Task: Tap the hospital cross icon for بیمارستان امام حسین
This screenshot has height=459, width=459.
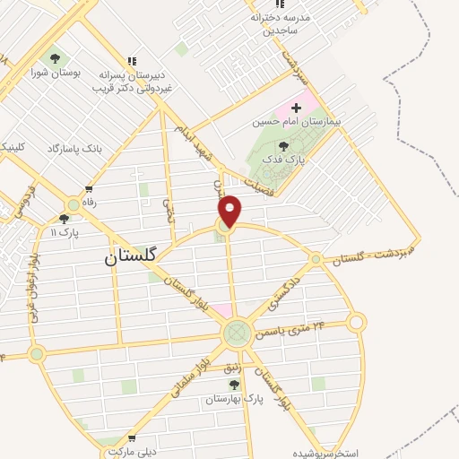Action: click(x=297, y=108)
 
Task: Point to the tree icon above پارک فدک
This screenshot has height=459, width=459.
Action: click(x=284, y=145)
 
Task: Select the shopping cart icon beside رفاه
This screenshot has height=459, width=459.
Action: click(x=89, y=188)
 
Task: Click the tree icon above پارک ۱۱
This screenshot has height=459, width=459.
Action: click(x=64, y=218)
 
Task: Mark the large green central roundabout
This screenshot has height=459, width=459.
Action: click(x=237, y=334)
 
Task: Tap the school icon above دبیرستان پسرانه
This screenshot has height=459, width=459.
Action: click(x=132, y=61)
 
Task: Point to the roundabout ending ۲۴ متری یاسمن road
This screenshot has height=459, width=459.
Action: click(x=357, y=322)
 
